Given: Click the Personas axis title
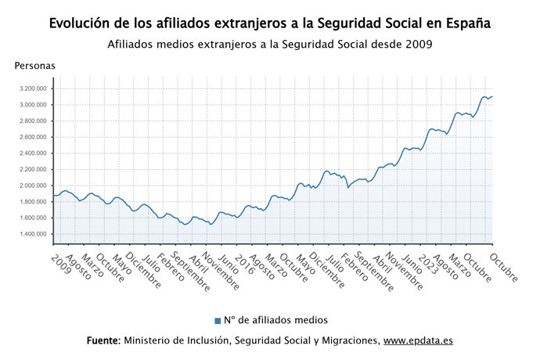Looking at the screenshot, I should (35, 66).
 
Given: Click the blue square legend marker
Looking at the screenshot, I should (218, 320).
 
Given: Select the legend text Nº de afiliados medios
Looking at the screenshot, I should (275, 320).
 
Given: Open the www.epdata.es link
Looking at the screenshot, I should (418, 341).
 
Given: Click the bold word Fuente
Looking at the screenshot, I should (103, 341).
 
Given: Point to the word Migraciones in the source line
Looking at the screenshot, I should (347, 341).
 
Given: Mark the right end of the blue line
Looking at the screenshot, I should (492, 96).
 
